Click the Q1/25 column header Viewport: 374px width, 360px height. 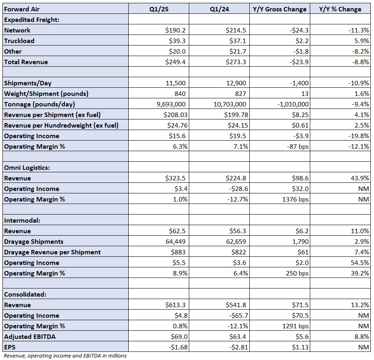tap(159, 9)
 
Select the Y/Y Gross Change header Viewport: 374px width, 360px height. tap(279, 9)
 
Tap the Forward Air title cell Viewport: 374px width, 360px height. tap(22, 9)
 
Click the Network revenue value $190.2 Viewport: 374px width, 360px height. tap(175, 30)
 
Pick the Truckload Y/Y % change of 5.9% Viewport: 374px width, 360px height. tap(361, 41)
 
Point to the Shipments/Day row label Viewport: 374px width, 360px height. tap(28, 83)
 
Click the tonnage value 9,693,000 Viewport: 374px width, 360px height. tap(171, 104)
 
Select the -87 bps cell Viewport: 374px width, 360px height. tap(298, 146)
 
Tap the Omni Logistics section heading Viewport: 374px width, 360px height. tap(27, 167)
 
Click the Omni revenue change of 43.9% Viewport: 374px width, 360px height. tap(360, 178)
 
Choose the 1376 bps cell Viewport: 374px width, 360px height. tap(295, 200)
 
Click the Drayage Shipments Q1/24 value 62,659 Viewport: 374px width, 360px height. tap(236, 242)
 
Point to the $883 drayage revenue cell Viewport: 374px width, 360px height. tap(178, 252)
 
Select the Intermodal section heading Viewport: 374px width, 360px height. tap(22, 220)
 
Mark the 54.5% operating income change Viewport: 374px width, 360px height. tap(360, 262)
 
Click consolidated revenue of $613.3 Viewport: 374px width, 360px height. tap(175, 305)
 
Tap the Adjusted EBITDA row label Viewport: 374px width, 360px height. tap(30, 336)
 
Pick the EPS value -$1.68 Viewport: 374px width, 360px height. tap(178, 347)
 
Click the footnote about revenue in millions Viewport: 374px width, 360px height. tap(65, 356)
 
